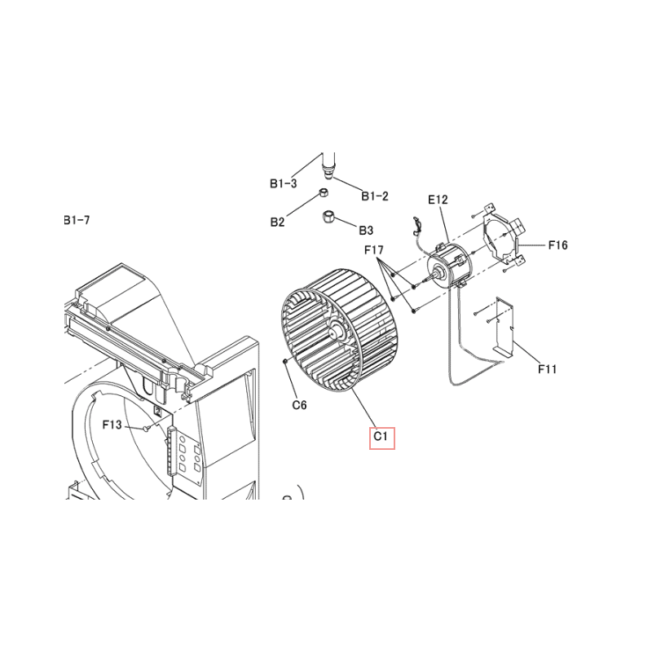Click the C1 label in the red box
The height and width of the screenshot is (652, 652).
381,437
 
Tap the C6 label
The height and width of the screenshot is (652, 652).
299,404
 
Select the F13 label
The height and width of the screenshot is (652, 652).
112,425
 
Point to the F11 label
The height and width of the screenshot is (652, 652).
547,369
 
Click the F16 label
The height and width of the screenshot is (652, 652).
557,245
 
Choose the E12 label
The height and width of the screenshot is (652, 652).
438,200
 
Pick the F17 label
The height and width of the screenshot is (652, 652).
374,250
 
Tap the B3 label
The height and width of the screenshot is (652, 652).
366,230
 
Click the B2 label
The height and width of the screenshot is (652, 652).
277,222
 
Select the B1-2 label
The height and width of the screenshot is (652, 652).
375,196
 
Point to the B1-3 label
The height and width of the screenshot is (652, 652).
284,183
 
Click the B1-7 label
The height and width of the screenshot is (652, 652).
77,220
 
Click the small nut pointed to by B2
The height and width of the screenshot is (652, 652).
324,192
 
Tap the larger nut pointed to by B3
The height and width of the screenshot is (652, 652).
328,217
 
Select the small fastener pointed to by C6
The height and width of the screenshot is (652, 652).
285,361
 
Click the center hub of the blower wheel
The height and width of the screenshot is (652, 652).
334,332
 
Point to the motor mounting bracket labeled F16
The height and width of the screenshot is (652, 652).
504,234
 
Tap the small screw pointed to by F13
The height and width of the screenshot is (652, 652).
146,428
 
